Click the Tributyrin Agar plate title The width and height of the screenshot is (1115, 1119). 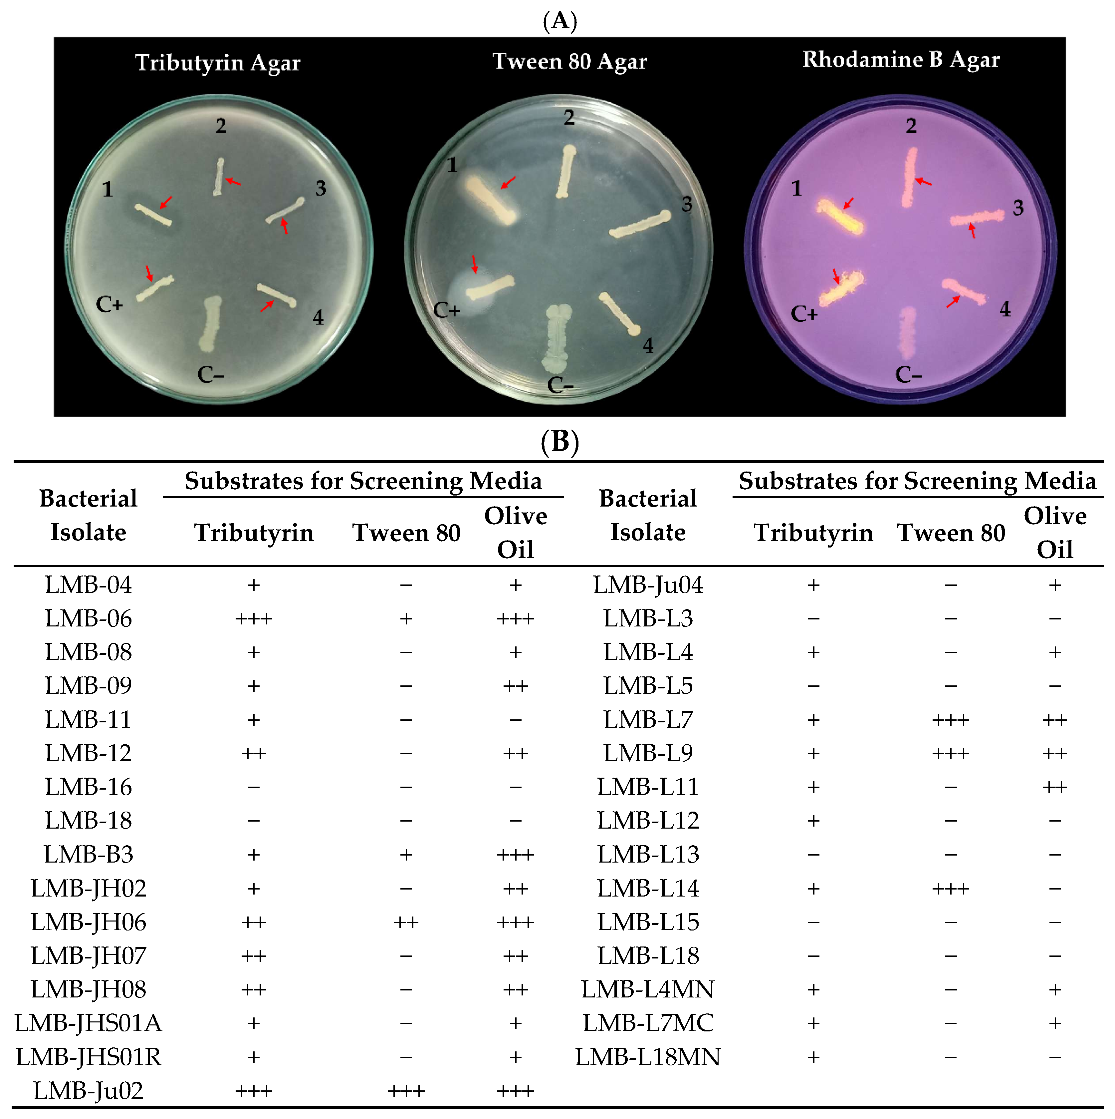218,63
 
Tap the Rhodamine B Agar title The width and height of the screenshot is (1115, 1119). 901,60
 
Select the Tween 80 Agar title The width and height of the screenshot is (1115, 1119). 570,61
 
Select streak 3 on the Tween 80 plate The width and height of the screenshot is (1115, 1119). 640,225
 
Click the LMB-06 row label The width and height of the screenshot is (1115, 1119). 89,618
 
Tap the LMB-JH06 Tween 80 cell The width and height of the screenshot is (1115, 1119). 406,922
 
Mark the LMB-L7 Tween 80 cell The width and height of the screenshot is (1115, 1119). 951,720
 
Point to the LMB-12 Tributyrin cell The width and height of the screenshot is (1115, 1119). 254,754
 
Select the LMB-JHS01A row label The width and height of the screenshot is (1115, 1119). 89,1023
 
